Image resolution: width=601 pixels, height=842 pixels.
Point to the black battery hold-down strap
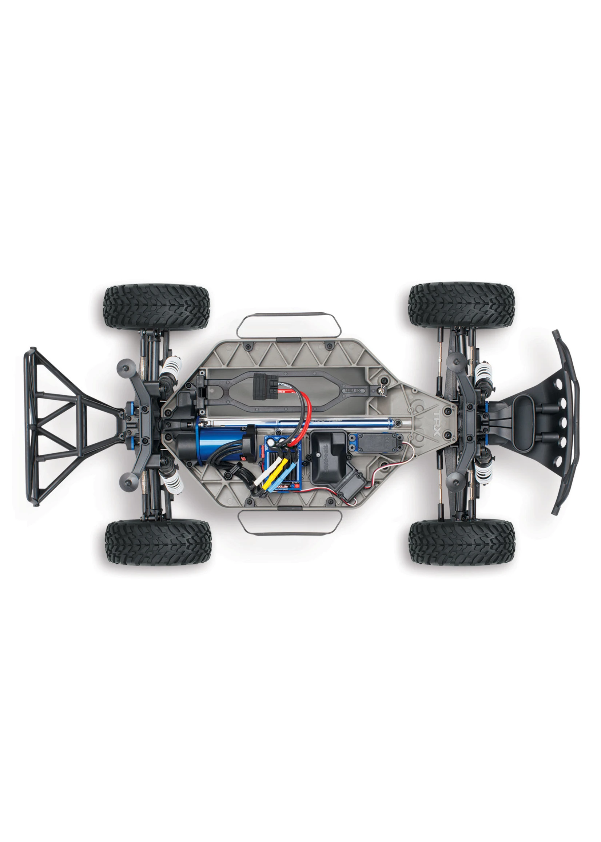(296, 385)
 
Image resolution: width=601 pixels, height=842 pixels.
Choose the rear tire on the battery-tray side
(157, 306)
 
